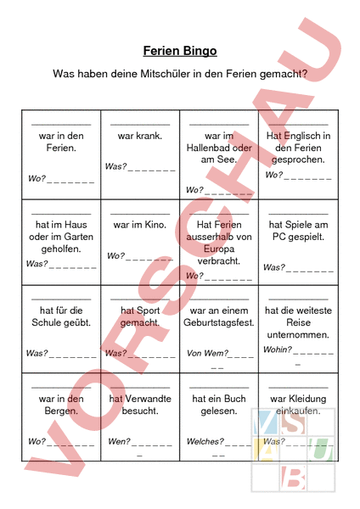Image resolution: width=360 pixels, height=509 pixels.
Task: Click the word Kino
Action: coord(154,225)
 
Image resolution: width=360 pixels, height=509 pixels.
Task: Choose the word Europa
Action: coord(219,249)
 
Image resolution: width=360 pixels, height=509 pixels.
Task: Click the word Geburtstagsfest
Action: coord(219,322)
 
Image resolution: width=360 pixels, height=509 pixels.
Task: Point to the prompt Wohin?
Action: coord(277,350)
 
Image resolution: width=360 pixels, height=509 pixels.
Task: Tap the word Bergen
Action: coord(61,411)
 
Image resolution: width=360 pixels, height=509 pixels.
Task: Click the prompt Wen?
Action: coord(119,441)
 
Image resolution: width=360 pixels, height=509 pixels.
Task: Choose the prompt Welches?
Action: coord(205,441)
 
